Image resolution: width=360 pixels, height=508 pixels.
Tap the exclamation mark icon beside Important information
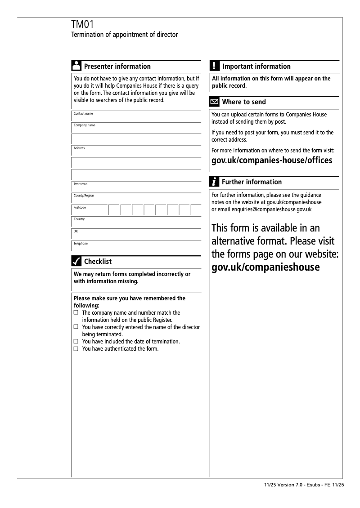click(x=215, y=66)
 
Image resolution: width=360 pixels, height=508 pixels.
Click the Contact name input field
click(x=136, y=116)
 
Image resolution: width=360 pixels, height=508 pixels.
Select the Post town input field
click(x=136, y=187)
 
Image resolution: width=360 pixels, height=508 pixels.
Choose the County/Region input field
click(x=136, y=199)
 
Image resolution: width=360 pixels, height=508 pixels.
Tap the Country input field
click(x=136, y=222)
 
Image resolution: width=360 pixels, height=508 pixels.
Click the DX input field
click(x=136, y=234)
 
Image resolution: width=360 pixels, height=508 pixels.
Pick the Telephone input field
click(x=136, y=246)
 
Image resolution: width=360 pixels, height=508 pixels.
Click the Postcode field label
click(x=80, y=208)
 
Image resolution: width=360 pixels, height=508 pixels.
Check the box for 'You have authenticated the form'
click(x=76, y=349)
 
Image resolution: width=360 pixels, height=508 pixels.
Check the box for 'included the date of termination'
click(x=76, y=342)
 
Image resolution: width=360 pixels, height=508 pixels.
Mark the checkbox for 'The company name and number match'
click(x=76, y=312)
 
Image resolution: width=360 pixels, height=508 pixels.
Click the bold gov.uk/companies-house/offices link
click(x=272, y=160)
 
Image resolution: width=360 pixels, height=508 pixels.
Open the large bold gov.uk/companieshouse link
click(x=265, y=267)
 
